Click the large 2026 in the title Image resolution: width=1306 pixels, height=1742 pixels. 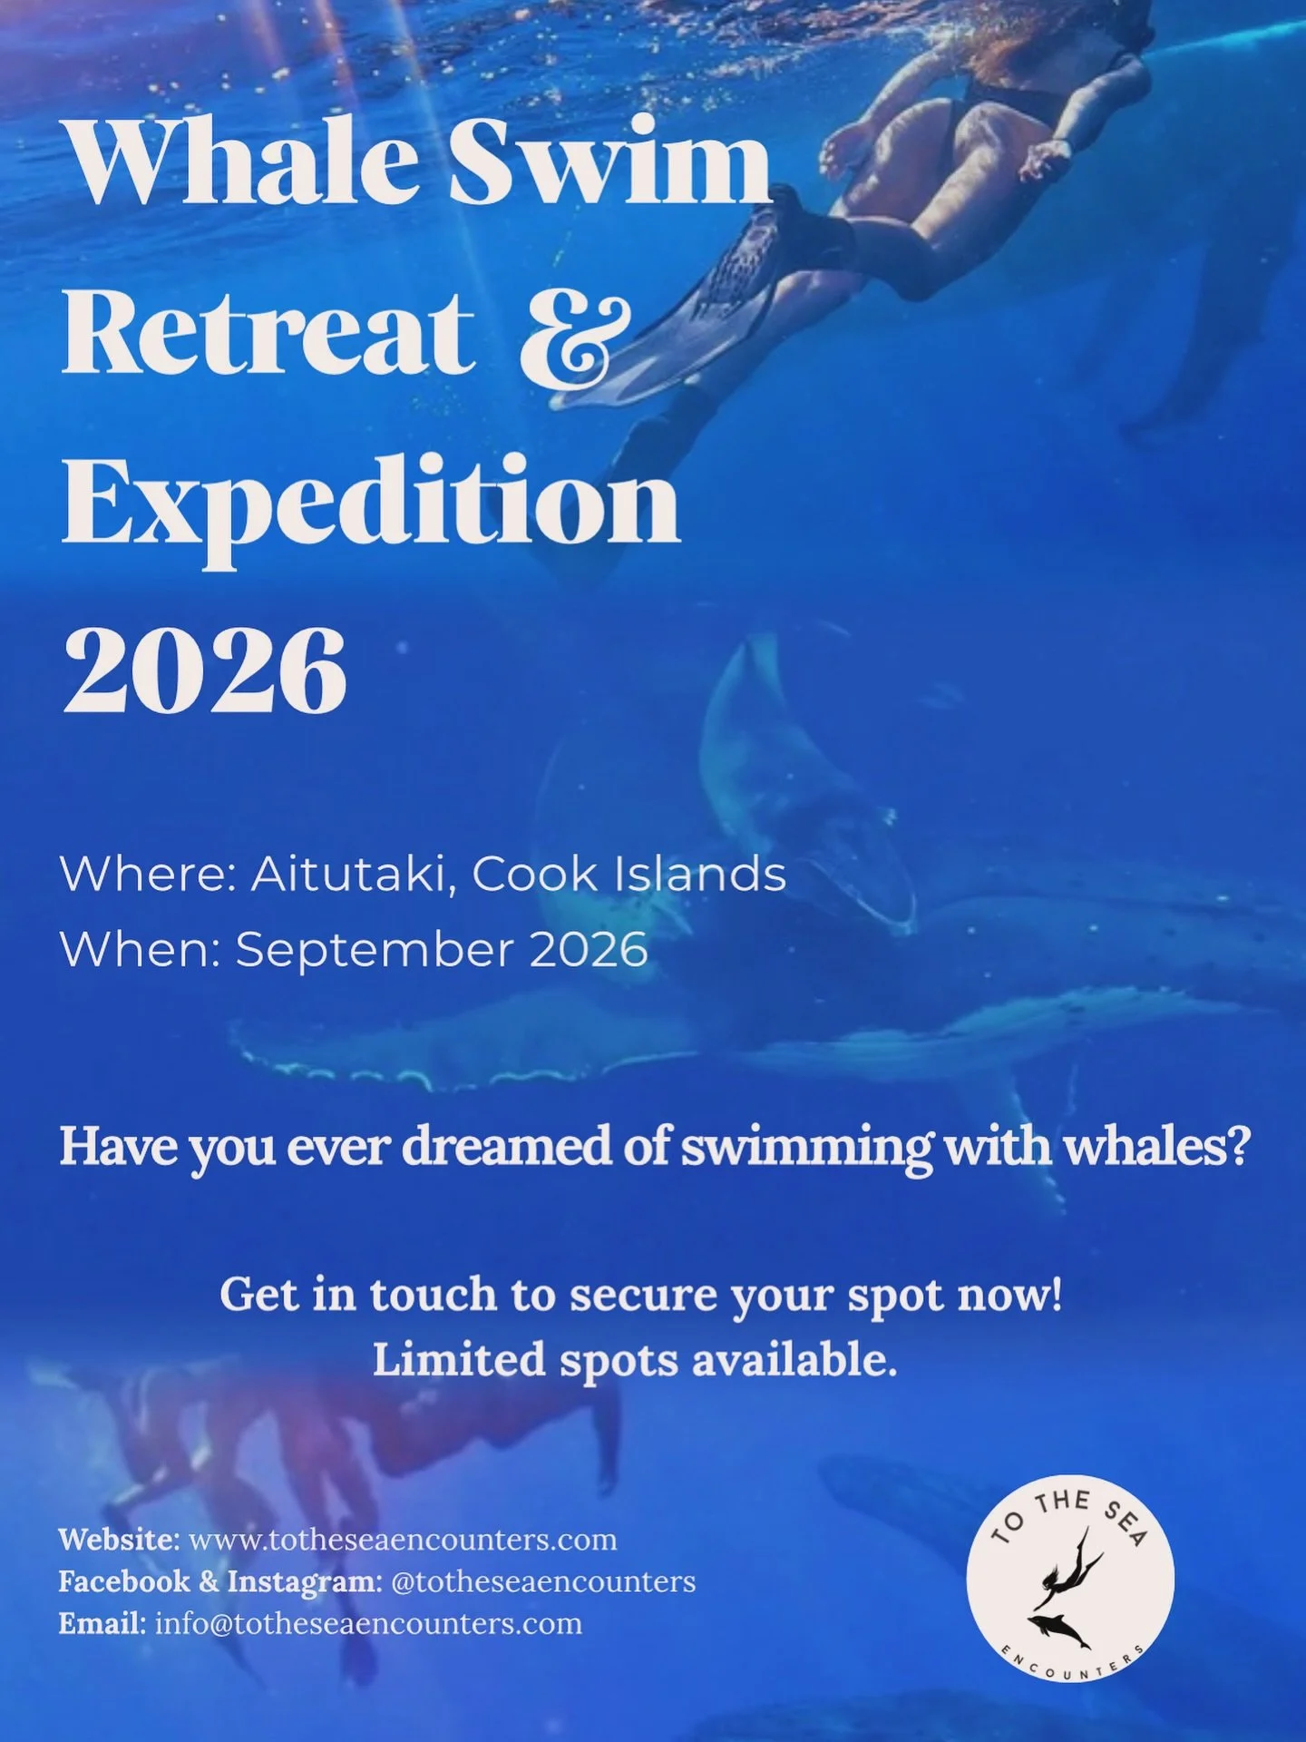(205, 672)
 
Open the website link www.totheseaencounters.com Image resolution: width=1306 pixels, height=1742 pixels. (403, 1540)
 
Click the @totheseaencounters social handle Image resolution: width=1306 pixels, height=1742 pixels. (543, 1581)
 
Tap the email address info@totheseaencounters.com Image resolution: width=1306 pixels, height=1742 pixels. (369, 1623)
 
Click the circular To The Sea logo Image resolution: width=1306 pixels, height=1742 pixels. (1070, 1580)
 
